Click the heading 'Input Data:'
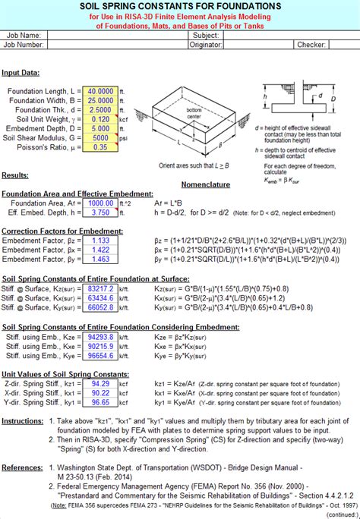pyautogui.click(x=21, y=73)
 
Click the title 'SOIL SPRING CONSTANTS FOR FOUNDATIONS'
pyautogui.click(x=180, y=6)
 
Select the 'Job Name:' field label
pyautogui.click(x=24, y=36)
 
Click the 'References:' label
pyautogui.click(x=22, y=449)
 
